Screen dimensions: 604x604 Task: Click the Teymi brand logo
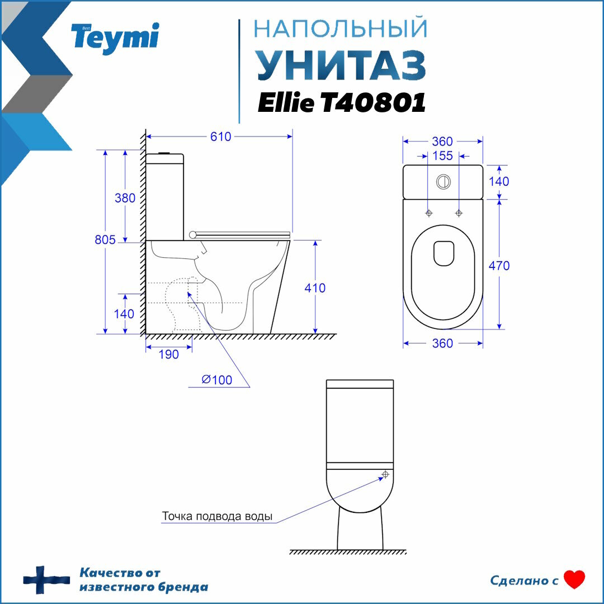(115, 38)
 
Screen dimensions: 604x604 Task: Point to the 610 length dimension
(221, 137)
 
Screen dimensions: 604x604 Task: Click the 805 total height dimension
(105, 240)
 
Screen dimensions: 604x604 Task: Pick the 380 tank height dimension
(125, 198)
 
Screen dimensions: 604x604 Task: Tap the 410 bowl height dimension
(315, 288)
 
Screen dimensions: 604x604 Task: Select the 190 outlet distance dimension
(168, 355)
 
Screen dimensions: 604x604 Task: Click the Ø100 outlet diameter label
(217, 380)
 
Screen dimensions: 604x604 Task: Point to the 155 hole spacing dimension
(442, 156)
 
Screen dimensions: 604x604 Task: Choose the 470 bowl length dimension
(499, 266)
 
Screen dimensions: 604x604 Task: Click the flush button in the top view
(442, 181)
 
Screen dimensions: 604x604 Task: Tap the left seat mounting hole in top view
(429, 213)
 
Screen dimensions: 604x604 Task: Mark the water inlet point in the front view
(385, 475)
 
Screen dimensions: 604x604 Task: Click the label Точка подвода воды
(218, 516)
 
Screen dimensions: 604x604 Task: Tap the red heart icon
(574, 580)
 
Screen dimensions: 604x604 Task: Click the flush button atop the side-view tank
(165, 152)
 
